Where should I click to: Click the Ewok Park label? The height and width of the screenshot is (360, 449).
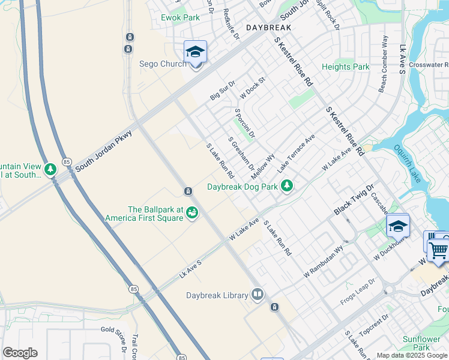pos(180,17)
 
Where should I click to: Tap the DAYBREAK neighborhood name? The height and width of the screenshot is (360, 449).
pos(268,28)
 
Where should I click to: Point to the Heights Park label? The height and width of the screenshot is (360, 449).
pos(346,67)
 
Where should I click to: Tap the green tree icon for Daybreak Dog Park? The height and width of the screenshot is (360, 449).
pos(288,186)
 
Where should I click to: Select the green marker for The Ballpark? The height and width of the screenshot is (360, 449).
pos(192,212)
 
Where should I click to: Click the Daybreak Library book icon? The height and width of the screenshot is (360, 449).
pos(258,295)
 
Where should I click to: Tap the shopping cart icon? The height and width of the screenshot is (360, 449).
pos(439,249)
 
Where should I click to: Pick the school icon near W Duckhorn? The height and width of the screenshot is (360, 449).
pos(397,226)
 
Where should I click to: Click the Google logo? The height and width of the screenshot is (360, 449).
pos(20,353)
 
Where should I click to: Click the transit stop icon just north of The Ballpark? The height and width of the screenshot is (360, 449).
pos(188,191)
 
